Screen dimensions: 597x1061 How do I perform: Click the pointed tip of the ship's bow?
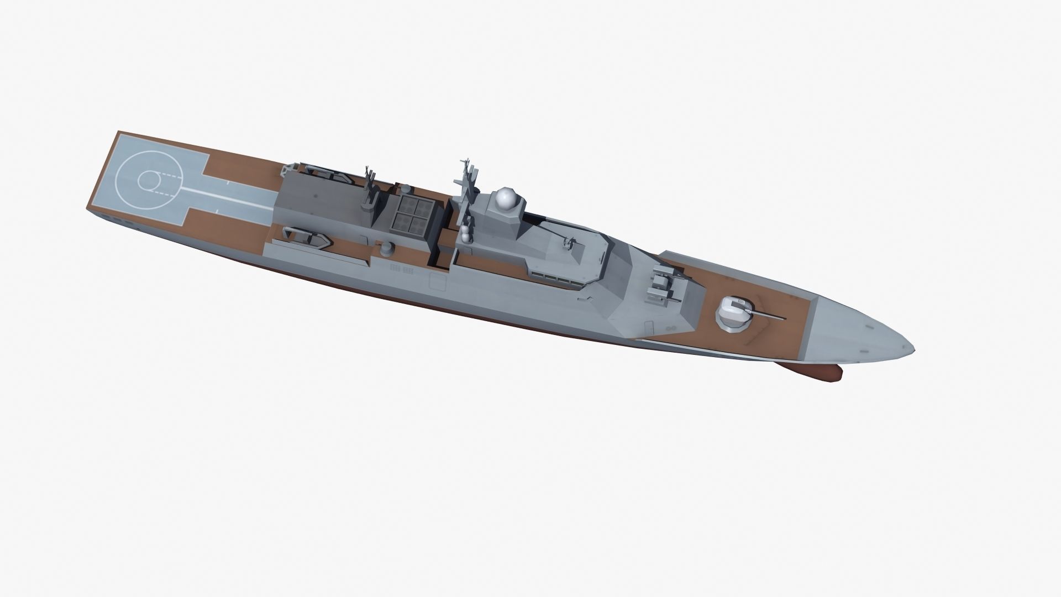click(x=913, y=348)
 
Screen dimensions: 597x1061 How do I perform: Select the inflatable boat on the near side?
click(x=307, y=236)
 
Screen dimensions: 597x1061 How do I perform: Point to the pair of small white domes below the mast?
click(x=466, y=233)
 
